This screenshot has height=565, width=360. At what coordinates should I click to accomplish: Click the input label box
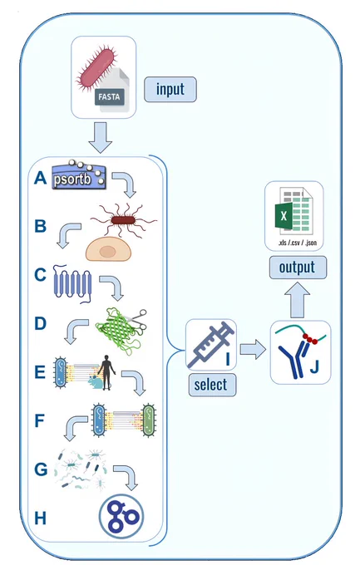(x=170, y=90)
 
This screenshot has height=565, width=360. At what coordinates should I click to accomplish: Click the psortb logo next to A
(x=79, y=175)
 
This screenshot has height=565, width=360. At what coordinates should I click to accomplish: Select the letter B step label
(x=41, y=226)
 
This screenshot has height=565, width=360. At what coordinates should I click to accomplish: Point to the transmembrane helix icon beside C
(x=72, y=283)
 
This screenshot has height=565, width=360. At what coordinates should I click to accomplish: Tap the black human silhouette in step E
(x=106, y=372)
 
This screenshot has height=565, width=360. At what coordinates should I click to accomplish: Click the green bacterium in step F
(x=149, y=420)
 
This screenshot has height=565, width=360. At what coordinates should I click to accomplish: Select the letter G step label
(x=41, y=469)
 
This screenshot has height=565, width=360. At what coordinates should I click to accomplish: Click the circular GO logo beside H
(x=121, y=516)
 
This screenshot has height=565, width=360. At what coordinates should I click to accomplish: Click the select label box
(x=212, y=385)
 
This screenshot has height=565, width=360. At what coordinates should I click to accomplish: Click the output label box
(x=298, y=268)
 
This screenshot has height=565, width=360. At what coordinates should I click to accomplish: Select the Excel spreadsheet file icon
(x=293, y=213)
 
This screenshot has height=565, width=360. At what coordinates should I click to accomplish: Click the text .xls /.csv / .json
(x=298, y=243)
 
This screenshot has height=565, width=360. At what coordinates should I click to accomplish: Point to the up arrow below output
(x=298, y=300)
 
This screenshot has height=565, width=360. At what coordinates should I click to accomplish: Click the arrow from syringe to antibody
(x=253, y=349)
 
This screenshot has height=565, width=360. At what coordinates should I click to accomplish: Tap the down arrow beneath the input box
(x=101, y=137)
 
